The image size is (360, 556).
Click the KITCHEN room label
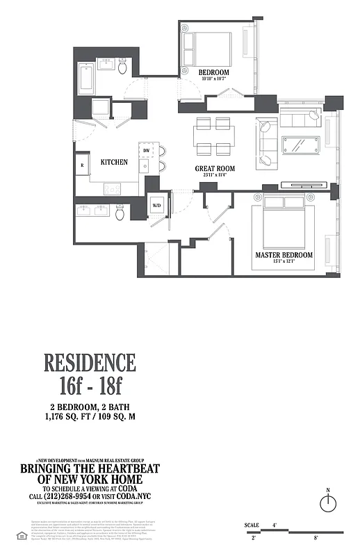click(114, 161)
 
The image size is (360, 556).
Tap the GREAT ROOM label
click(214, 168)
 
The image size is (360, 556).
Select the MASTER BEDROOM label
click(284, 255)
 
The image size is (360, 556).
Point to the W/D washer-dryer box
click(157, 206)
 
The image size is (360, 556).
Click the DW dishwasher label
click(147, 150)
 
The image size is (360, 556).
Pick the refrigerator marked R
click(82, 165)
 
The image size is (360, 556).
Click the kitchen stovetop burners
click(112, 188)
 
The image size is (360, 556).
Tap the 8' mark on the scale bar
click(316, 537)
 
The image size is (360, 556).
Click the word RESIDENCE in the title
click(90, 363)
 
